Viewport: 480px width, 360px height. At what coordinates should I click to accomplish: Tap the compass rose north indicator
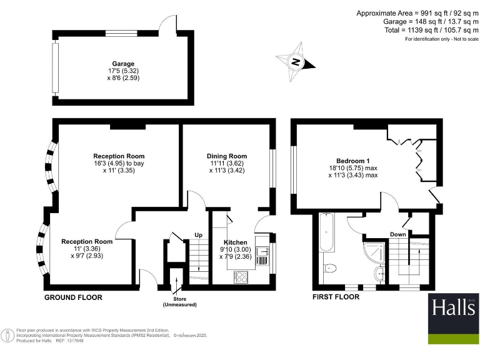click(x=297, y=61)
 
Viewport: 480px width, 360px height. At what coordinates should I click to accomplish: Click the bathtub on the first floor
click(x=327, y=234)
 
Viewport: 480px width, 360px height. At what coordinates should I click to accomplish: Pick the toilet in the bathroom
click(x=331, y=269)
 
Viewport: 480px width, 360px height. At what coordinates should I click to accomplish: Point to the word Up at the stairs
click(x=199, y=236)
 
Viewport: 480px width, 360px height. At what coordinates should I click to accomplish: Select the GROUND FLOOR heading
click(x=72, y=297)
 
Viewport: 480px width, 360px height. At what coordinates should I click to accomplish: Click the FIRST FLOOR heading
click(x=336, y=297)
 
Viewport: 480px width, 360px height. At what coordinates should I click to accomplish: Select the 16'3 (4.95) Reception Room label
click(x=119, y=164)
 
